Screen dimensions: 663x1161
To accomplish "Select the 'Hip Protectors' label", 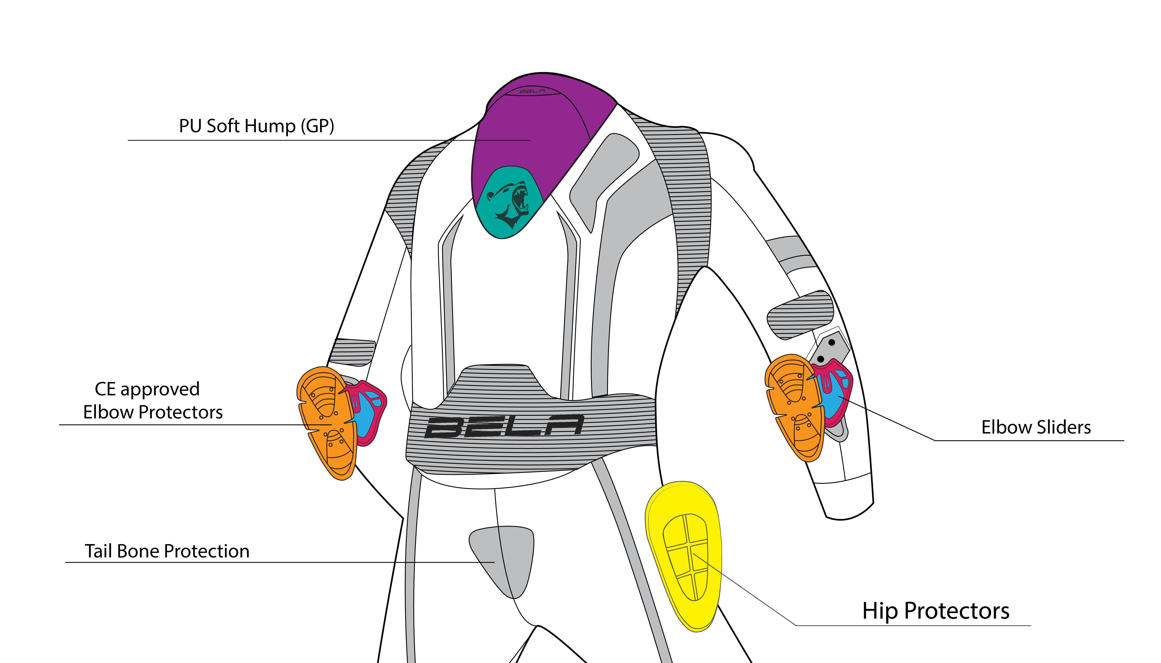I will coord(936,611).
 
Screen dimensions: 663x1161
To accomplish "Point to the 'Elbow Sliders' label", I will coord(1036,427).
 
